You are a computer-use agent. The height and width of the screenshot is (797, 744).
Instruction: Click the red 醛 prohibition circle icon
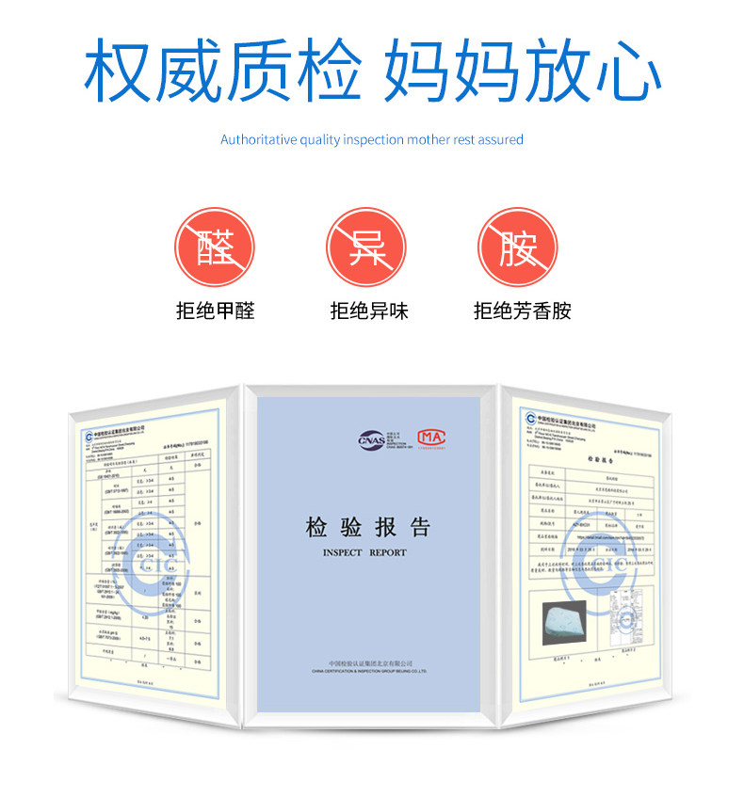click(215, 247)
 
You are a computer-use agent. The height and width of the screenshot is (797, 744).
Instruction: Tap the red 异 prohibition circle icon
click(366, 247)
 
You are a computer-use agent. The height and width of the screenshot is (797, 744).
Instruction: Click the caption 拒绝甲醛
click(215, 311)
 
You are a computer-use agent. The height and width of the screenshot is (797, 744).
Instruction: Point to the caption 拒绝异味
click(368, 311)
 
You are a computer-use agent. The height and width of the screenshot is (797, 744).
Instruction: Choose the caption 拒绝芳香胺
click(522, 311)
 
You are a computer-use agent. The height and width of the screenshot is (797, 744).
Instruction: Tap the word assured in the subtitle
click(500, 139)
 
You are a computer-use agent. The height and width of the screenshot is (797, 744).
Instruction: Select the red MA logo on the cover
click(431, 438)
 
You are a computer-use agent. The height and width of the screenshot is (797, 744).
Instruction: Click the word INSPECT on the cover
click(342, 552)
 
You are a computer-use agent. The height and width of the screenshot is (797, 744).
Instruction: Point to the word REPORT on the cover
click(388, 552)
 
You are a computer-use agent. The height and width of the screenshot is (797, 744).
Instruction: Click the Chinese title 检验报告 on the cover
click(368, 527)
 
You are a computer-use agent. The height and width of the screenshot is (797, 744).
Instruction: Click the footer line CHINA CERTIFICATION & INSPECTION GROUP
click(369, 673)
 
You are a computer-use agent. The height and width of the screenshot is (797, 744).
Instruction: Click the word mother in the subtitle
click(427, 139)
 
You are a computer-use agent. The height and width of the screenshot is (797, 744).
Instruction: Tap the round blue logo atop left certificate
click(89, 437)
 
